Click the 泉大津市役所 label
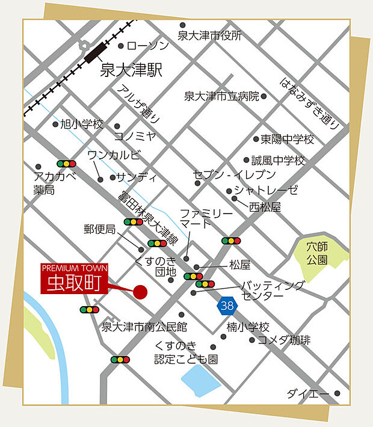209,35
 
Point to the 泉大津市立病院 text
221,96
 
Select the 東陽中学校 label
287,140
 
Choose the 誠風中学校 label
278,161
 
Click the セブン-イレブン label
234,175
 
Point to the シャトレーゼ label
266,191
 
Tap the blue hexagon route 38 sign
227,306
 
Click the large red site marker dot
140,292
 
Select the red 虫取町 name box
74,280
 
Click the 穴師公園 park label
316,253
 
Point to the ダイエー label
307,394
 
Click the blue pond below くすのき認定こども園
201,377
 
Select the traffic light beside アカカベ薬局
66,164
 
